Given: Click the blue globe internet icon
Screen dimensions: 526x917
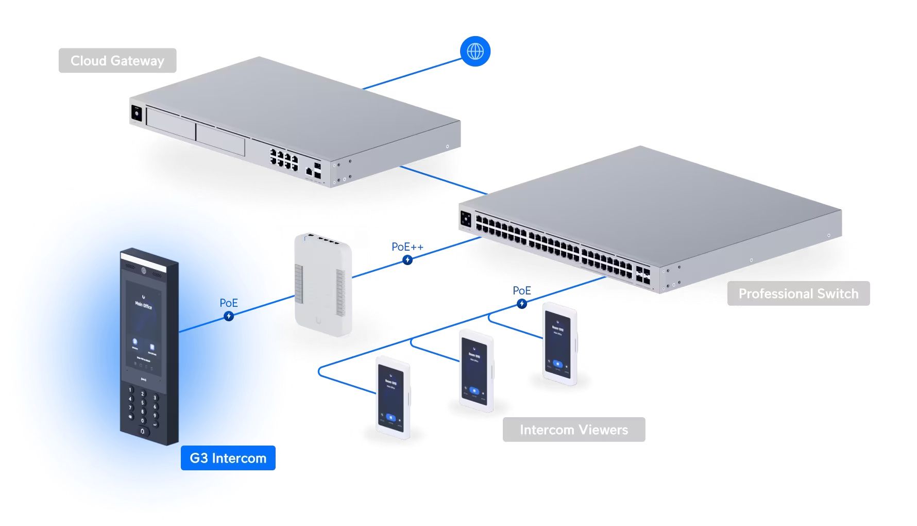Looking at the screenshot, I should click(475, 51).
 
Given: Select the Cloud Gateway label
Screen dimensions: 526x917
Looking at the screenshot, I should click(117, 61).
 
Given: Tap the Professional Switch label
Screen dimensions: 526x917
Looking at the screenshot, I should click(798, 293).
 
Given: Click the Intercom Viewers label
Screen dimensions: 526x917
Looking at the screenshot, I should click(573, 430).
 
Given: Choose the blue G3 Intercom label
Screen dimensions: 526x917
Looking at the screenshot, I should click(228, 458).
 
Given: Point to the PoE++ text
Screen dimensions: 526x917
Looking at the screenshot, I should click(407, 247).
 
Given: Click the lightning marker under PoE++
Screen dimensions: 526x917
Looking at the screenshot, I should click(407, 260).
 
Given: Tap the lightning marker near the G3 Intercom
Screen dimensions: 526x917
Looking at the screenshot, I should click(229, 316).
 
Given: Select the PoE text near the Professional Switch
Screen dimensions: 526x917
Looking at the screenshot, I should click(521, 291).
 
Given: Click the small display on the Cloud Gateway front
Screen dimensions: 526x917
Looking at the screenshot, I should click(137, 113).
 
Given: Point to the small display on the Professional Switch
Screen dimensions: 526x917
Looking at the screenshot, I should click(466, 219).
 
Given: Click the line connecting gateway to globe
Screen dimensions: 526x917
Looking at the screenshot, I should click(412, 74).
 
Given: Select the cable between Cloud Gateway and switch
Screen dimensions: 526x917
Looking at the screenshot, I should click(443, 180).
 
